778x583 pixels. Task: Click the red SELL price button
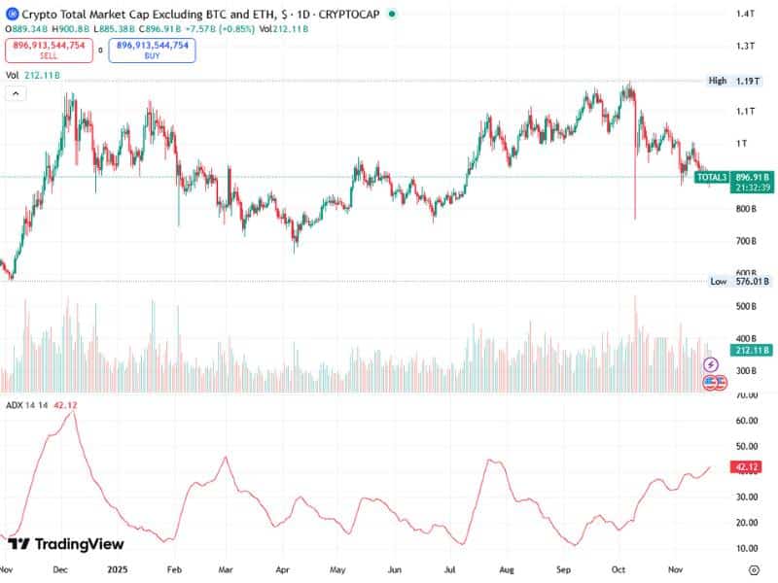[x=49, y=50]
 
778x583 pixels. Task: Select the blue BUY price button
[x=152, y=50]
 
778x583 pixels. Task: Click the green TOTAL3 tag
[x=712, y=177]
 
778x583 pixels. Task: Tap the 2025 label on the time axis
[x=117, y=570]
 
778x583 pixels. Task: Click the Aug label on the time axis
[x=507, y=570]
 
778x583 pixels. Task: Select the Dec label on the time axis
[x=59, y=570]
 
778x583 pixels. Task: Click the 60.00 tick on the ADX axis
[x=747, y=421]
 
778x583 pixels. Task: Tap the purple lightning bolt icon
[x=711, y=365]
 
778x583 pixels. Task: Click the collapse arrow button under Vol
[x=16, y=93]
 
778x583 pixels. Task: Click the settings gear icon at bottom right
[x=753, y=571]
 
